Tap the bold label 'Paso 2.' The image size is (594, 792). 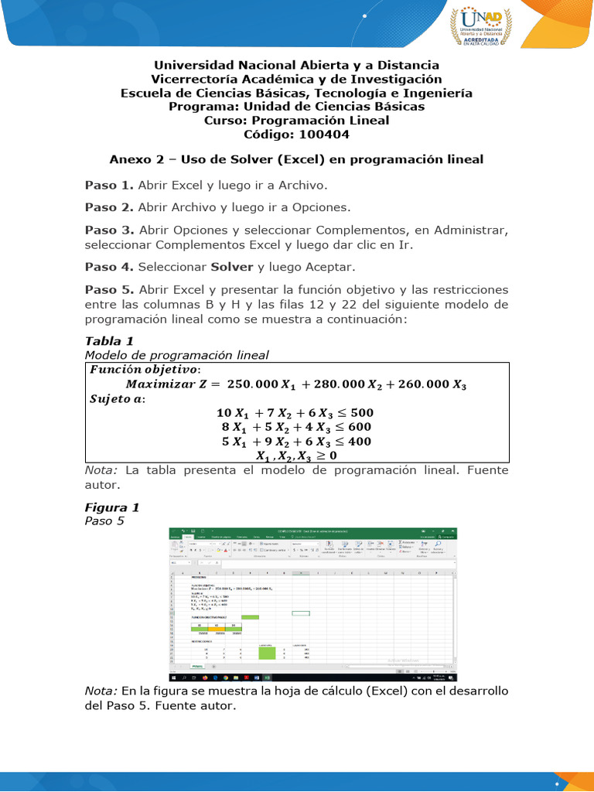click(x=109, y=207)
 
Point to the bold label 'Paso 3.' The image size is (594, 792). click(x=109, y=230)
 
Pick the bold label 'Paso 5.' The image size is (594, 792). click(x=109, y=290)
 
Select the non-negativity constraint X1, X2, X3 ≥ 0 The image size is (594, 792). click(x=297, y=456)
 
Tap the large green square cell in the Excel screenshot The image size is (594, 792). click(x=267, y=651)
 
